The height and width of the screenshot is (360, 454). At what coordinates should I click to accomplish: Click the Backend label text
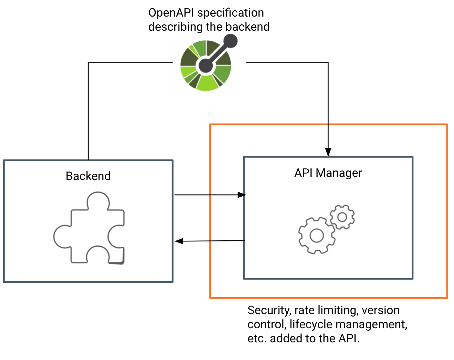click(x=88, y=176)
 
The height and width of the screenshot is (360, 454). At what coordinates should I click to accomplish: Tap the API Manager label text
click(x=328, y=173)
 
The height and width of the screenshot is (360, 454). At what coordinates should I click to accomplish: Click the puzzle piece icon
click(x=89, y=228)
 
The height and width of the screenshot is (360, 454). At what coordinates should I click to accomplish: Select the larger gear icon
click(x=317, y=235)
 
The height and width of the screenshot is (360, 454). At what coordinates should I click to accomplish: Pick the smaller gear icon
click(x=342, y=217)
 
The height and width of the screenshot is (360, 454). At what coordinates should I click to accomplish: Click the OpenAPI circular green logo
click(x=206, y=66)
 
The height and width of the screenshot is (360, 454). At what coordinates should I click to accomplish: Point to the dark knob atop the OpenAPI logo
click(x=231, y=41)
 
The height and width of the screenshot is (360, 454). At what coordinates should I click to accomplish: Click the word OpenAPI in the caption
click(x=171, y=13)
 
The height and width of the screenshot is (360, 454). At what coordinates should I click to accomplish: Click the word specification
click(x=231, y=13)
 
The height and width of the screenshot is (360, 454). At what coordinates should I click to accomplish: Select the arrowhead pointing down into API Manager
click(x=328, y=152)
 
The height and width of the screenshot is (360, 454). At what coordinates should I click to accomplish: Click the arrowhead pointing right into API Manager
click(x=242, y=195)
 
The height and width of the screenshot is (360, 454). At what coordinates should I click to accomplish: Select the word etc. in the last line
click(x=257, y=338)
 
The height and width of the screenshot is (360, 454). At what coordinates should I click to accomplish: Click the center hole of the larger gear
click(x=317, y=235)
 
